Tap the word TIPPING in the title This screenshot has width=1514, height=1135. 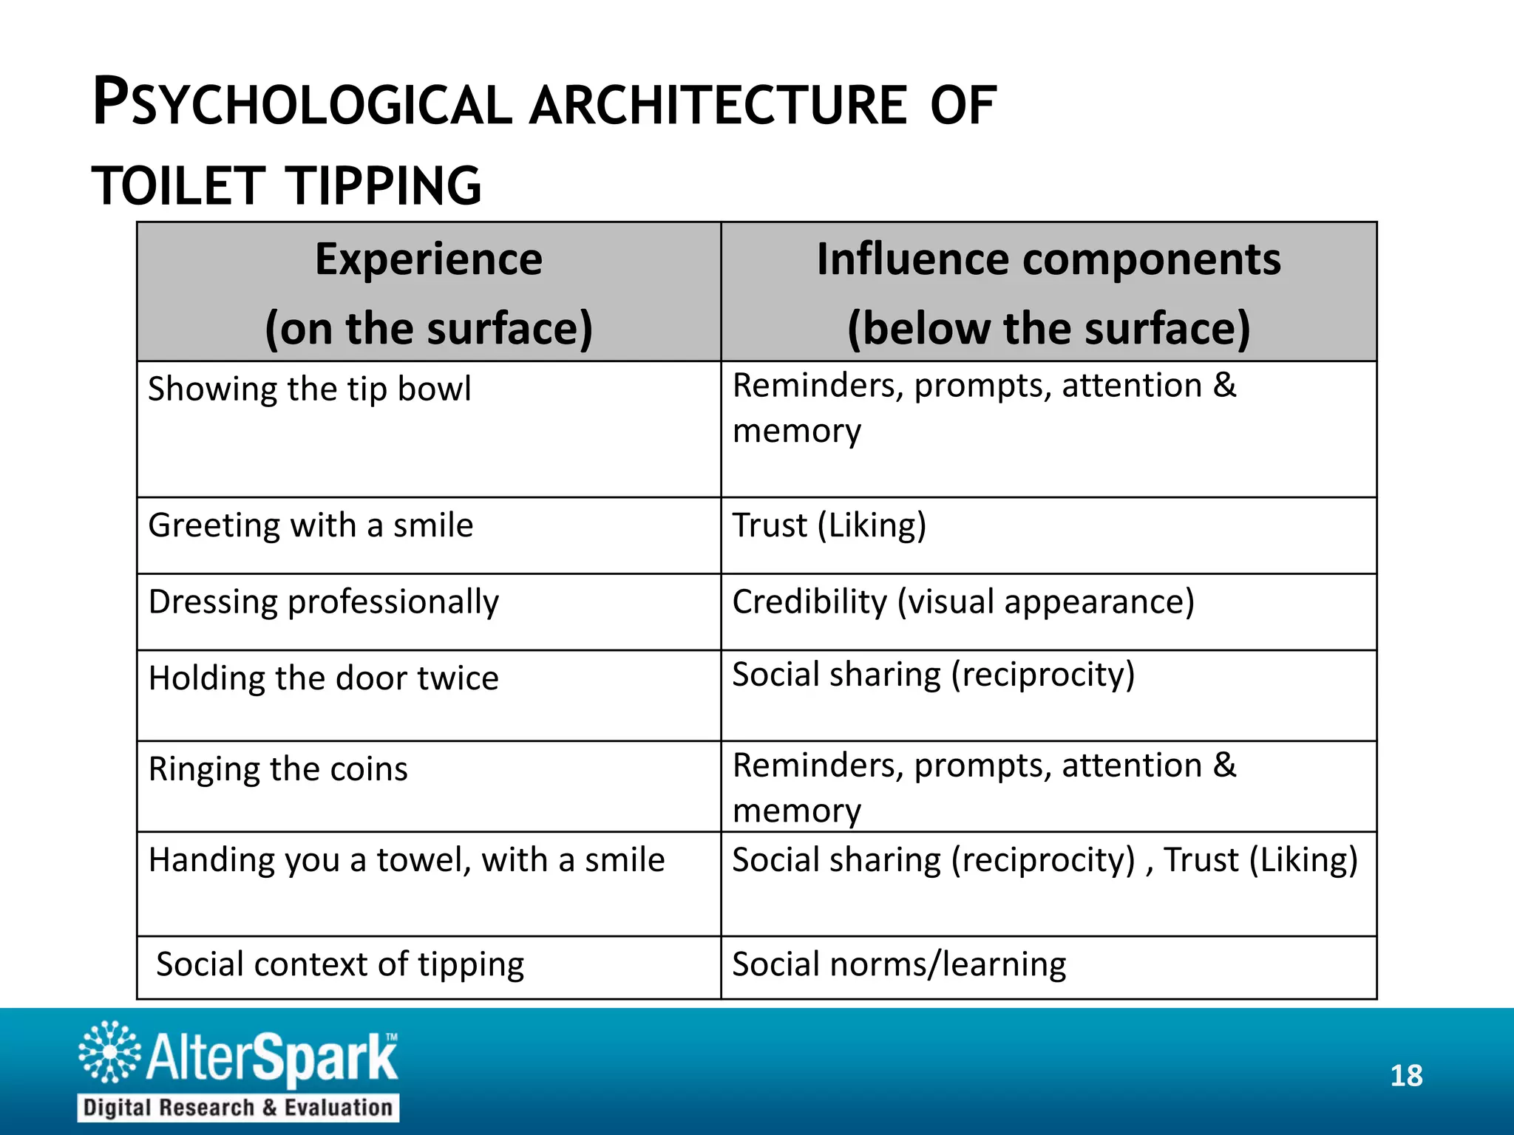pyautogui.click(x=384, y=185)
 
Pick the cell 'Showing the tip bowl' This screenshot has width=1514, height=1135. pyautogui.click(x=309, y=389)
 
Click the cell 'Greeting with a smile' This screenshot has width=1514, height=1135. pyautogui.click(x=310, y=525)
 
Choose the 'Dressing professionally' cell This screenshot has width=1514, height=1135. pyautogui.click(x=324, y=602)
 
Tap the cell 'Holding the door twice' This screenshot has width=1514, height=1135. pyautogui.click(x=324, y=678)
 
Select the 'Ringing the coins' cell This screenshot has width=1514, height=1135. pyautogui.click(x=278, y=769)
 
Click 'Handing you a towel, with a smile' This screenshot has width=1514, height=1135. pyautogui.click(x=407, y=860)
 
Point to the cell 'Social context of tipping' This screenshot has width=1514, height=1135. pyautogui.click(x=340, y=964)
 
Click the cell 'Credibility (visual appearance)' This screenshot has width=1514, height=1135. pyautogui.click(x=963, y=602)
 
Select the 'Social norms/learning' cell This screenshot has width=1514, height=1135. pyautogui.click(x=899, y=964)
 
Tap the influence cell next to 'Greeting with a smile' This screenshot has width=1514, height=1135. pyautogui.click(x=829, y=525)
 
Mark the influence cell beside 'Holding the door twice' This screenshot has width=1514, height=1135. pyautogui.click(x=934, y=675)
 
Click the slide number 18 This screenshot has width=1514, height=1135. pyautogui.click(x=1406, y=1076)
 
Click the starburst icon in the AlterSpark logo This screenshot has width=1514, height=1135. pyautogui.click(x=109, y=1052)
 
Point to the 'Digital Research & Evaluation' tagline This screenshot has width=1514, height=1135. pyautogui.click(x=238, y=1108)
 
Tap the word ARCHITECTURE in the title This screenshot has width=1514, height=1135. pyautogui.click(x=717, y=105)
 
